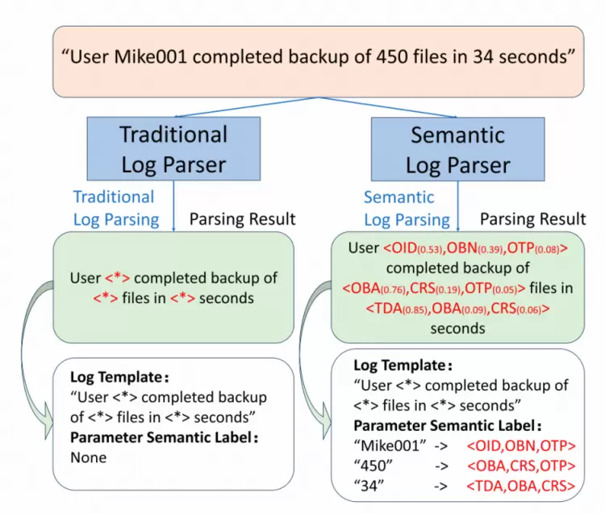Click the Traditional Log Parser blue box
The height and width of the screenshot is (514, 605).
pyautogui.click(x=173, y=149)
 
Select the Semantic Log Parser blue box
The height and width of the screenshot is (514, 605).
pyautogui.click(x=457, y=149)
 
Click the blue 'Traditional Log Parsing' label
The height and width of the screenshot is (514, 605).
pyautogui.click(x=114, y=208)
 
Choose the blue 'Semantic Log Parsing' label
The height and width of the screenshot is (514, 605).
pyautogui.click(x=407, y=208)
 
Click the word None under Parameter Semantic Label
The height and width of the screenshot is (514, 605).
pyautogui.click(x=89, y=458)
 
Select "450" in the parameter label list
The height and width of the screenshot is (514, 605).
pyautogui.click(x=370, y=465)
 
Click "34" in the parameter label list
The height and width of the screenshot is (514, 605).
pyautogui.click(x=366, y=485)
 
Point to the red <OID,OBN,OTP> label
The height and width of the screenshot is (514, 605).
pyautogui.click(x=520, y=445)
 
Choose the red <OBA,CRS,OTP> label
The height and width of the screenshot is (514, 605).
pyautogui.click(x=520, y=465)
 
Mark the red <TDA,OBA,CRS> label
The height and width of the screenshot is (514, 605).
pyautogui.click(x=520, y=485)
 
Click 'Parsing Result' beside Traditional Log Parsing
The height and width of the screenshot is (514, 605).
pyautogui.click(x=243, y=219)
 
